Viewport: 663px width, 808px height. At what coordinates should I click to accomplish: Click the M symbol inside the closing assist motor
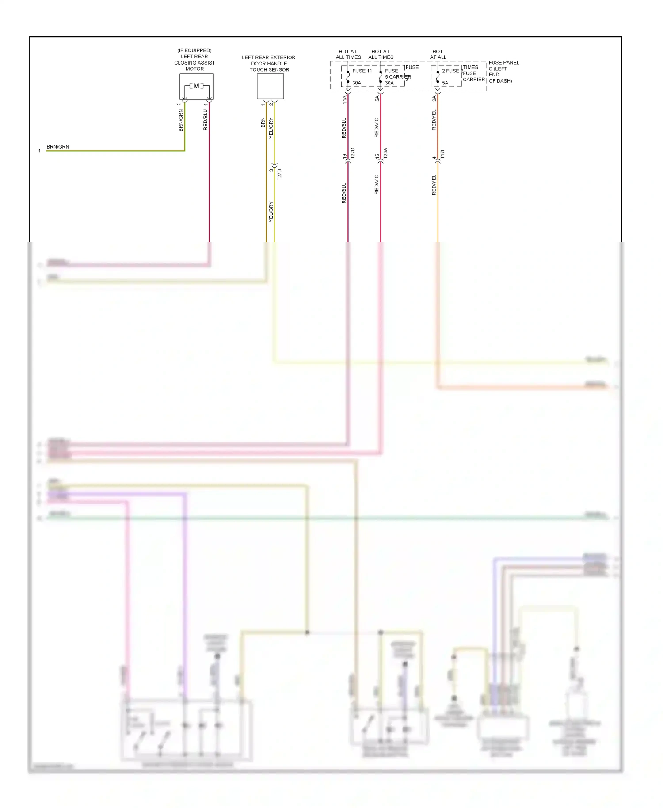196,86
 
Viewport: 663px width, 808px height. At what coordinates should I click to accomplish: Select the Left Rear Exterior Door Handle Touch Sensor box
270,86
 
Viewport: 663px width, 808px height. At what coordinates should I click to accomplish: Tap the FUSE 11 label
362,71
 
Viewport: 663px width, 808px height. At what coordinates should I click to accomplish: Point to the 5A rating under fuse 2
445,83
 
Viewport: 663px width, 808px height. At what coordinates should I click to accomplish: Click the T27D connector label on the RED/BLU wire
353,153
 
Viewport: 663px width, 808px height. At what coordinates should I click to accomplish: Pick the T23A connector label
385,153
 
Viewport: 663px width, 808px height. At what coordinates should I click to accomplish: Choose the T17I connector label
442,154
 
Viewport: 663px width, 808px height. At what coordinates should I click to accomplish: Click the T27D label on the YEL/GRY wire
279,175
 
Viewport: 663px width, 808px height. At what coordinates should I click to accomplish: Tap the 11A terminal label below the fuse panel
344,99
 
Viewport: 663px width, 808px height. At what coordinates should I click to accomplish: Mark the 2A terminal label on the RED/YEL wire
434,99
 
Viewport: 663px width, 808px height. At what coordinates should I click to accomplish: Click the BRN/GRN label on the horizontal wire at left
58,147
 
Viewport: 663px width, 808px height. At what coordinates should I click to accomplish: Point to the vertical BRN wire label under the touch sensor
263,122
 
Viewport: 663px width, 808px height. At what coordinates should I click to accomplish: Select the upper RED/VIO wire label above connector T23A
377,127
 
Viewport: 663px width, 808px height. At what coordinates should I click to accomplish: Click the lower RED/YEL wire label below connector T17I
434,185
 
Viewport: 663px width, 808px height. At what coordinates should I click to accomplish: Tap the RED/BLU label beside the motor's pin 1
205,120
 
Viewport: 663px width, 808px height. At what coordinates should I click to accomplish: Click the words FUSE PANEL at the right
504,63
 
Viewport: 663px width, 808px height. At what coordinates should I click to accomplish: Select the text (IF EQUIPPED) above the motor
194,50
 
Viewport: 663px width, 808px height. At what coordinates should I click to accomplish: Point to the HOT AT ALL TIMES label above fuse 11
348,54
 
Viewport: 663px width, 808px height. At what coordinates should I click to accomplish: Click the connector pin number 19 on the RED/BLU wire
344,156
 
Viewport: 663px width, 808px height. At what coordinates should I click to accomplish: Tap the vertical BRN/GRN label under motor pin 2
180,121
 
